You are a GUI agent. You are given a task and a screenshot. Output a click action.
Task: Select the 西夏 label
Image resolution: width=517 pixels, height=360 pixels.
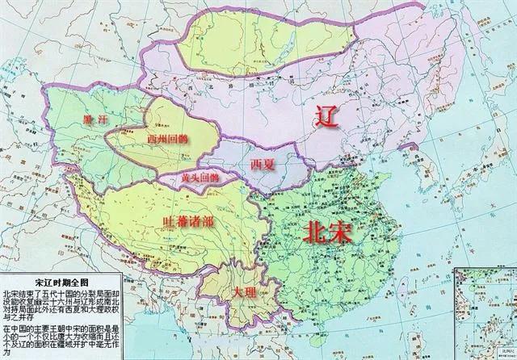point(263,165)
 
